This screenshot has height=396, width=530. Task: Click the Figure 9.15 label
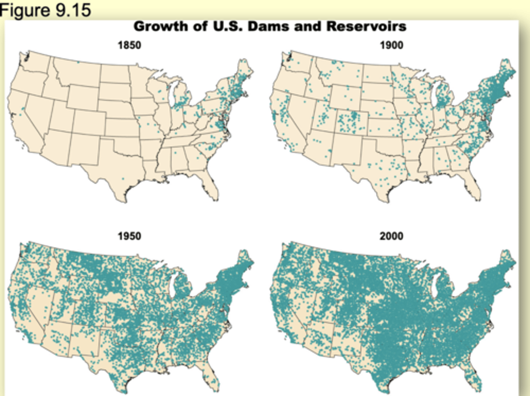coord(45,10)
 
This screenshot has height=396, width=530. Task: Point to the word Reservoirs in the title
coord(366,27)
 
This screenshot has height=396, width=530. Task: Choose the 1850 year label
coord(129,45)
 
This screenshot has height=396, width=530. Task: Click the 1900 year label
coord(391,45)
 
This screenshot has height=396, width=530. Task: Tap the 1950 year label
coord(129,236)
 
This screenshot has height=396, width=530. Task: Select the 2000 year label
coord(391,236)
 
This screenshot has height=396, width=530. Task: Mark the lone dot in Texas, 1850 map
coord(123,179)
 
